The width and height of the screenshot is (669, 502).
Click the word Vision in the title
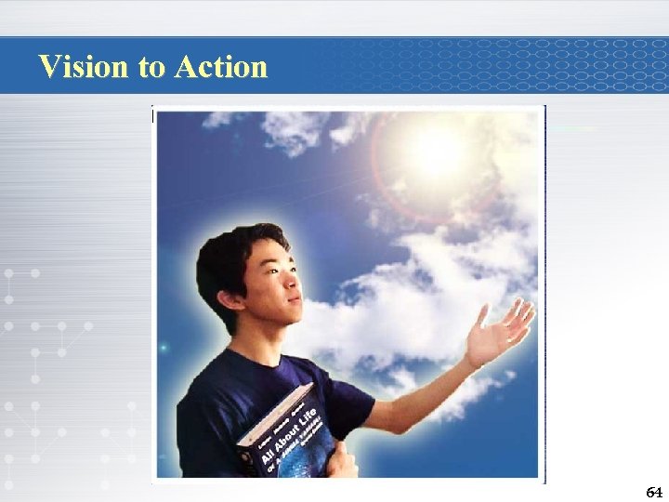pos(86,66)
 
